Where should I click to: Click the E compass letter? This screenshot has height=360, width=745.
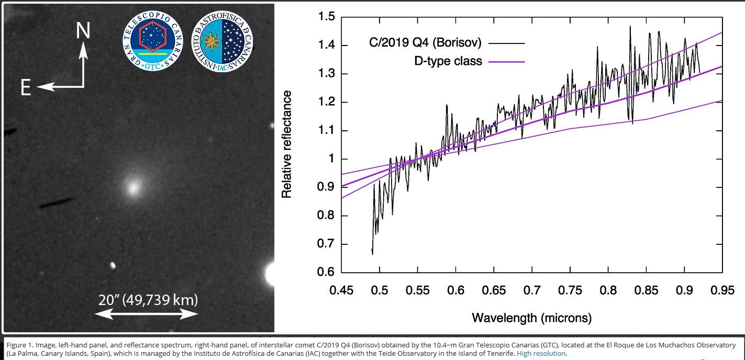coord(26,88)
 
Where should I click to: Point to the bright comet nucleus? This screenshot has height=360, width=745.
coord(133,186)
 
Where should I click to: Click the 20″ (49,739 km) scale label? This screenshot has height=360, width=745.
coord(147,300)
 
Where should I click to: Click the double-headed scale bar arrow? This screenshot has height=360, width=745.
coord(146,314)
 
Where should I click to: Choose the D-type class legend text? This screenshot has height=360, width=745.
coord(448,62)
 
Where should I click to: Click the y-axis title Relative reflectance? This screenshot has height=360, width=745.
coord(286,144)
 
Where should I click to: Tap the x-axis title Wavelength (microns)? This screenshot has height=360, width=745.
coord(531,318)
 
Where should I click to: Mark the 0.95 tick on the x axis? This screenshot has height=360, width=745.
coord(722,289)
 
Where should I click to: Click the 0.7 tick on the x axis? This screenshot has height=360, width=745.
coord(531,289)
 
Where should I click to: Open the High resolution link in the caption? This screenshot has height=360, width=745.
coord(541,353)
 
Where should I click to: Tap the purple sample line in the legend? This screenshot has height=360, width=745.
coord(506,62)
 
